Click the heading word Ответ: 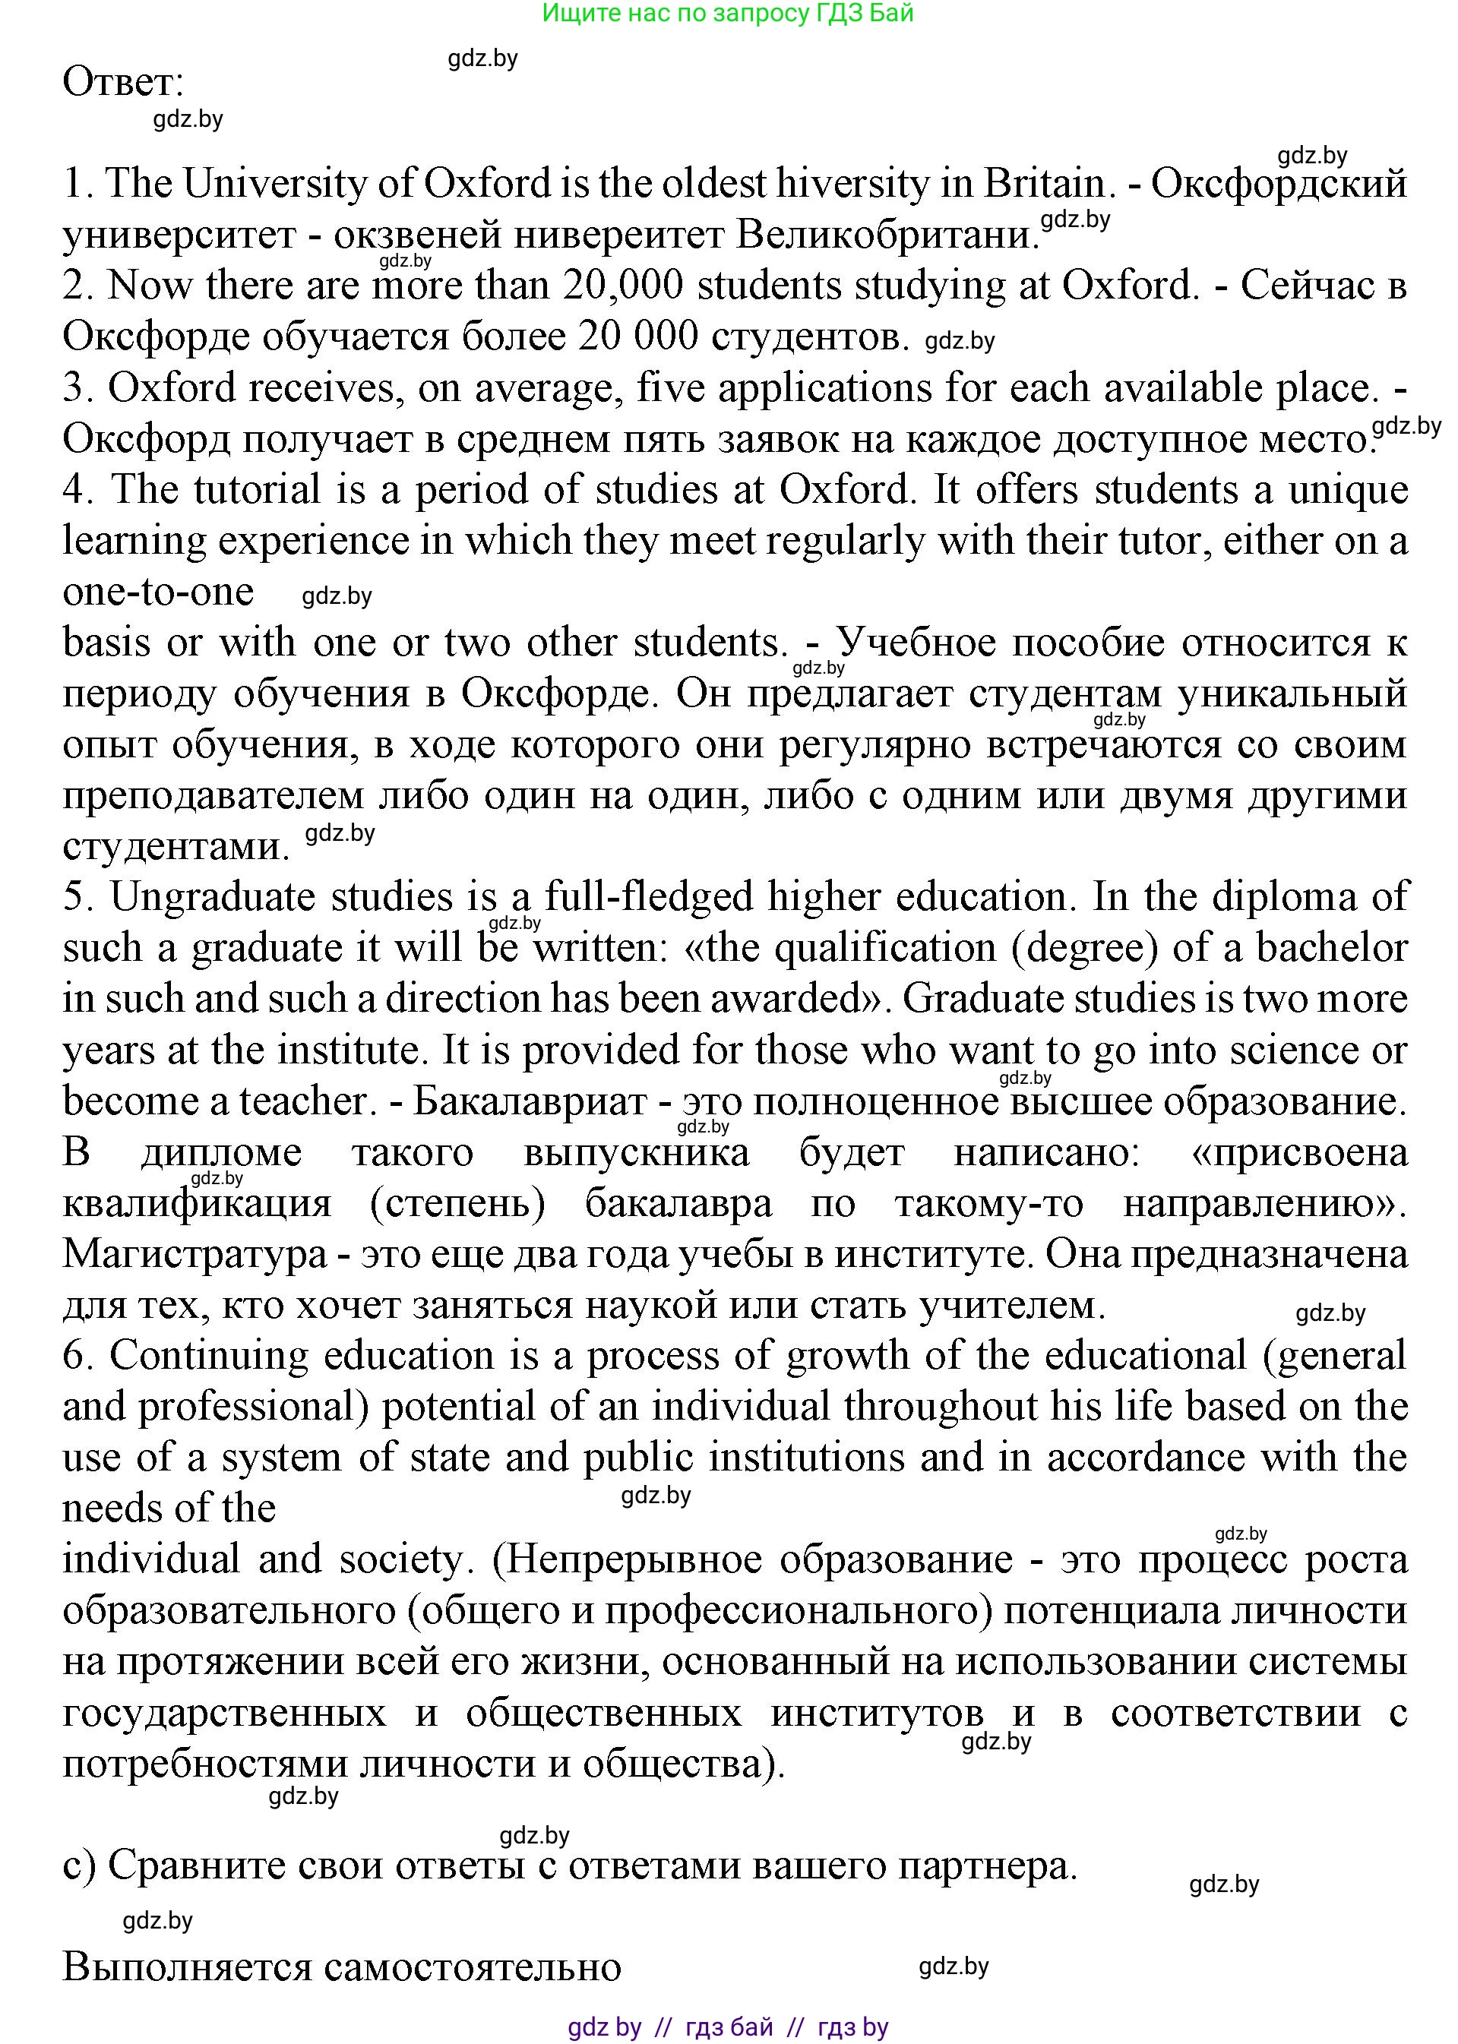(x=123, y=83)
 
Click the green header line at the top (x=728, y=14)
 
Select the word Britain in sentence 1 (x=1044, y=184)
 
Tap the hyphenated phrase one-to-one (x=158, y=591)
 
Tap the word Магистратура (x=195, y=1254)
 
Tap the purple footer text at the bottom (x=728, y=2027)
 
